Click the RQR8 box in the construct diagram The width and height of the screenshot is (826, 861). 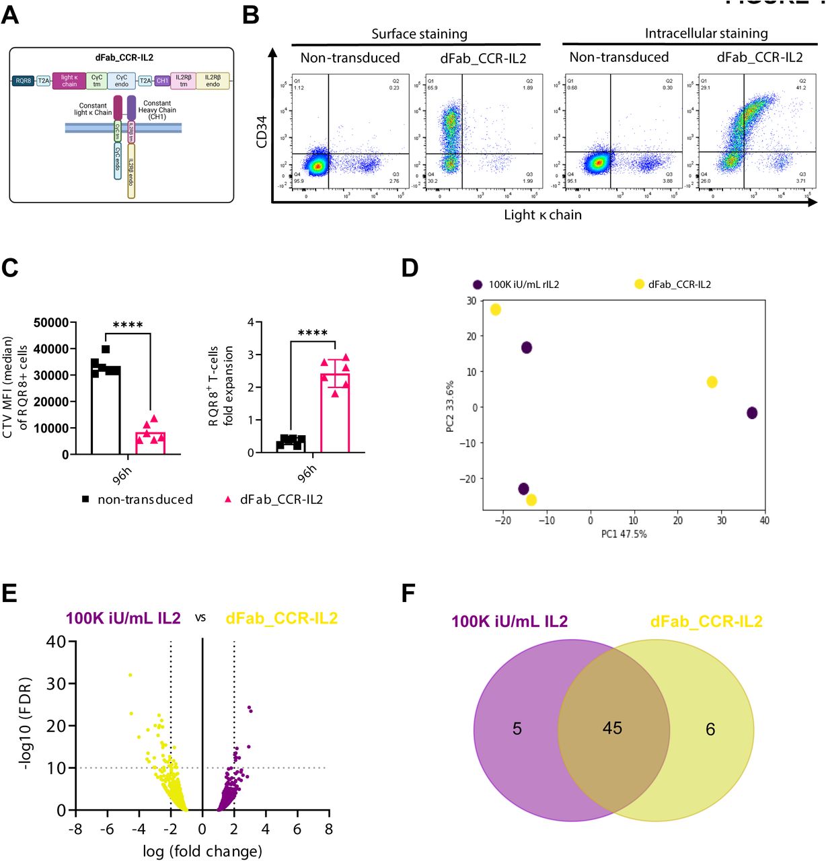coord(24,81)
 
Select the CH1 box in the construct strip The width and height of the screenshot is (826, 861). coord(162,81)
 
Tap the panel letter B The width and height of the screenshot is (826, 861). coord(250,15)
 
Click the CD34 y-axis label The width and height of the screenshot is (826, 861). coord(262,132)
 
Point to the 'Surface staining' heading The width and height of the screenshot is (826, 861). coord(419,34)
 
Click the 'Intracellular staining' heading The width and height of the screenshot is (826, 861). coord(706,34)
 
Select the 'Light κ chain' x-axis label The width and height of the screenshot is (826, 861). coord(543,215)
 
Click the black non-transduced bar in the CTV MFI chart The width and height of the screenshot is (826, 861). coord(106,410)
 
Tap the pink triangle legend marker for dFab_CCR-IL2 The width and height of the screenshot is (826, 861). coord(228,499)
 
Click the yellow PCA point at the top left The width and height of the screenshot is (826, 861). coord(496,309)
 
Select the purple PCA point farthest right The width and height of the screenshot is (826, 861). coord(752,412)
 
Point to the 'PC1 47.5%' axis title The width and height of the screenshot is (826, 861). coord(624,534)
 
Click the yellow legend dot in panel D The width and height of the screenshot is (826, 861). coord(639,285)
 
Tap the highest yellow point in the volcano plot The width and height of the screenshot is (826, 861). coord(130,675)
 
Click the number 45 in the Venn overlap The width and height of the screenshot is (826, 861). coord(612,728)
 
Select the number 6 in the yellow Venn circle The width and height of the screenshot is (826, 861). coord(710,729)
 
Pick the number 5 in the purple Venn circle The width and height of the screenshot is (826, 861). coord(517,729)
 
